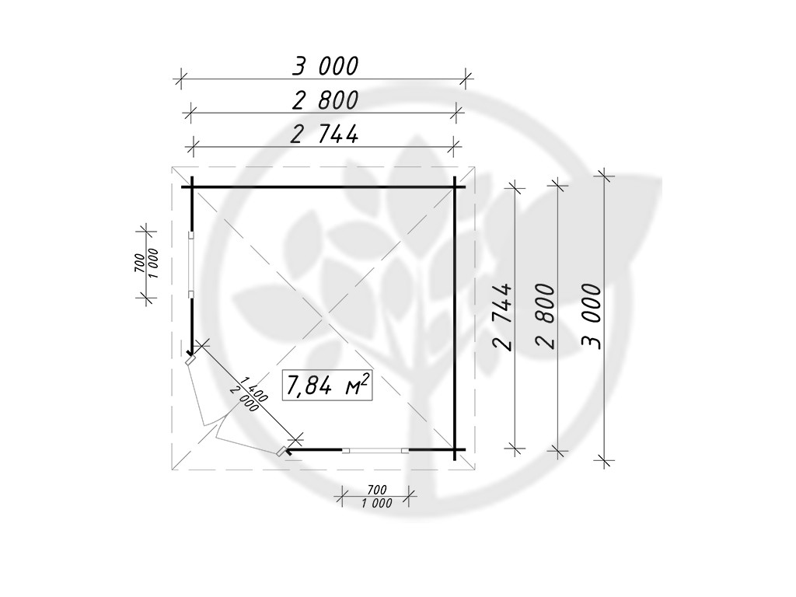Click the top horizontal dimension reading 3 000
(x=325, y=66)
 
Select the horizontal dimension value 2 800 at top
(x=325, y=100)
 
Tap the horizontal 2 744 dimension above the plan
(x=324, y=134)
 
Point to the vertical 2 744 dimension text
(x=502, y=317)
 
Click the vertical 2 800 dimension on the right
(x=545, y=316)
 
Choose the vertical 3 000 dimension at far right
(x=591, y=316)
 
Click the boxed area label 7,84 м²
(x=326, y=386)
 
